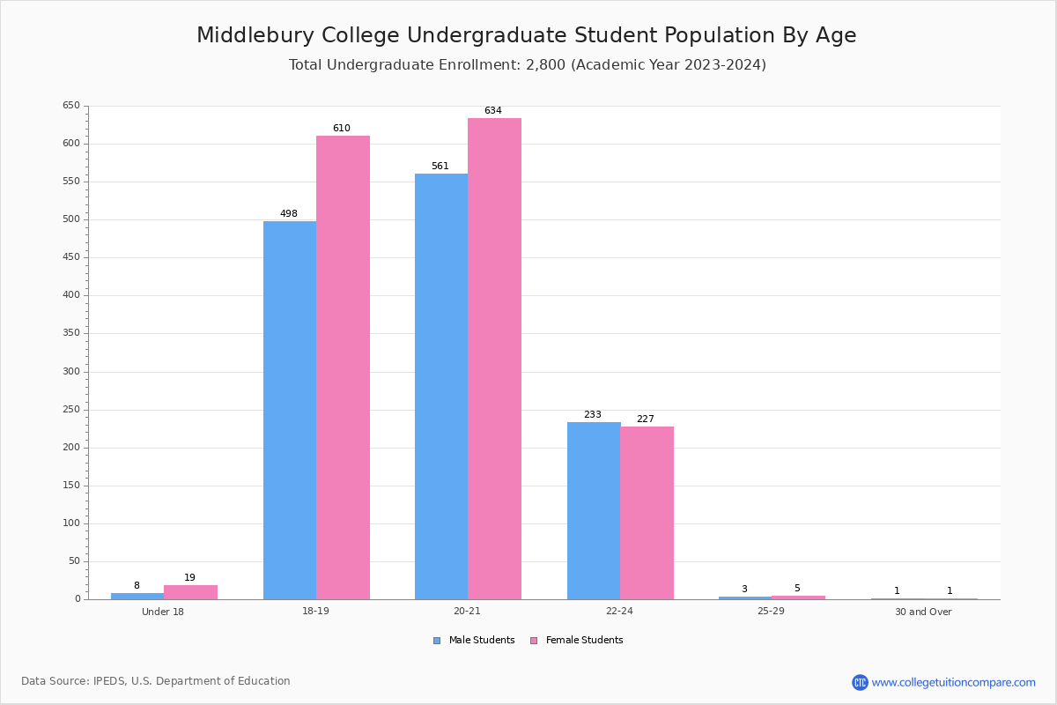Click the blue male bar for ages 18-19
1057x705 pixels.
[290, 410]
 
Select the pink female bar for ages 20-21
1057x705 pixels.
[494, 359]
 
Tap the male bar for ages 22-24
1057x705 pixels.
[594, 510]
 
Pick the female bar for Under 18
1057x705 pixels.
[190, 592]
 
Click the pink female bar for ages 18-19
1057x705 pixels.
[343, 367]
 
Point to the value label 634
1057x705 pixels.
[493, 111]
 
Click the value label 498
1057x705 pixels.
[289, 214]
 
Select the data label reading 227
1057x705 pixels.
[646, 419]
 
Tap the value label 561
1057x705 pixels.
[440, 167]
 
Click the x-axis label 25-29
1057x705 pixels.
[771, 612]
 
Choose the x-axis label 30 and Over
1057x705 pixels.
[923, 612]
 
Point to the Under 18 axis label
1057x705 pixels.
[163, 612]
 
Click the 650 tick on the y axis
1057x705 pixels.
[71, 106]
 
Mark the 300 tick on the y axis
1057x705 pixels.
[71, 372]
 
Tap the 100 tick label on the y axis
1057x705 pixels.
[71, 523]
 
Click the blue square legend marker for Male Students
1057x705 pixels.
[437, 641]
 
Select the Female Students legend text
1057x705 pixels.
[584, 641]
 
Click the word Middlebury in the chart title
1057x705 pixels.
[249, 35]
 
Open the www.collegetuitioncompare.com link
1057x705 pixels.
[953, 682]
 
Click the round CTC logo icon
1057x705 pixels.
[860, 682]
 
